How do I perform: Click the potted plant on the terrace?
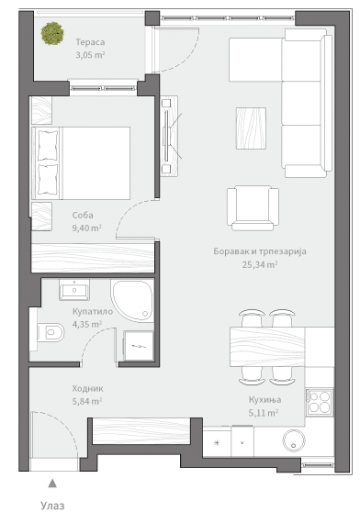(52, 33)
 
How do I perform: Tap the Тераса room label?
(90, 42)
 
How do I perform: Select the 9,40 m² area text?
(87, 228)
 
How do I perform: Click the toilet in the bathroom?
(51, 332)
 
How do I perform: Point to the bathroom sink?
(74, 290)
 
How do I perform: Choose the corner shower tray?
(132, 301)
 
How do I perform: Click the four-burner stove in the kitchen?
(320, 402)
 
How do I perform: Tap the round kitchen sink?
(294, 440)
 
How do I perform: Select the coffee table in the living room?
(251, 128)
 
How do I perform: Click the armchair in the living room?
(253, 208)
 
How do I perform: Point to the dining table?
(267, 347)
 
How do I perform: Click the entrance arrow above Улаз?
(52, 484)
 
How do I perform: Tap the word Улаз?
(52, 506)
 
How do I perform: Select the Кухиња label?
(264, 399)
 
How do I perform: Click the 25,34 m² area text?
(260, 265)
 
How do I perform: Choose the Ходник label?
(87, 389)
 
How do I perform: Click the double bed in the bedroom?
(81, 163)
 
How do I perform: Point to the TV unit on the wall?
(169, 136)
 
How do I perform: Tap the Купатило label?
(93, 312)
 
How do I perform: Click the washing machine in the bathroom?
(139, 346)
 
